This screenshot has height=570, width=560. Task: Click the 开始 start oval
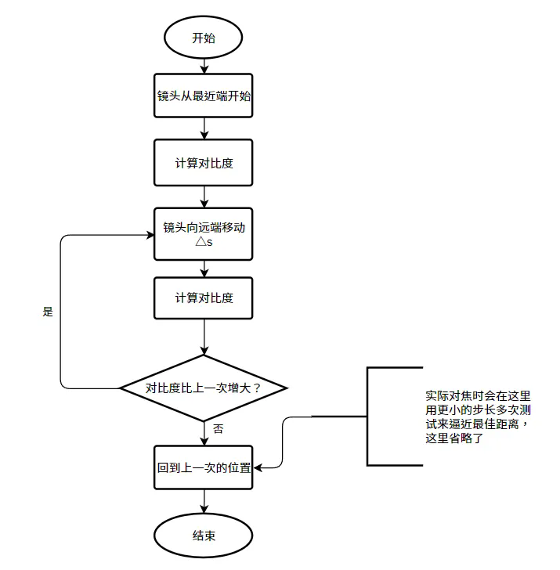(x=204, y=38)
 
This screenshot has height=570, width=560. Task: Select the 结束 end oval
(x=204, y=536)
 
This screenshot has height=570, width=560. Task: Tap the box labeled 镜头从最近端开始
(x=204, y=96)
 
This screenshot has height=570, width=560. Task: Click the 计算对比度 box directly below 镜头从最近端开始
(x=204, y=163)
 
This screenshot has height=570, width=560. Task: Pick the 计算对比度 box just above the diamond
(x=204, y=298)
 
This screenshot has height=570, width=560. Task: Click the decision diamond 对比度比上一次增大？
(x=204, y=388)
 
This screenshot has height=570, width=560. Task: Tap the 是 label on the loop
(x=48, y=312)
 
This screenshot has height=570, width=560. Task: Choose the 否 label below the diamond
(x=219, y=429)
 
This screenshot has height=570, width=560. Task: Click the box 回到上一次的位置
(x=204, y=467)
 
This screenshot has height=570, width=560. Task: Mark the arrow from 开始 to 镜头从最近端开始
(x=204, y=66)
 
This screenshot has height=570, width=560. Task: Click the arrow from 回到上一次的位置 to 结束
(x=204, y=503)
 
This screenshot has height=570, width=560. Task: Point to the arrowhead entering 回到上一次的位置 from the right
(x=258, y=467)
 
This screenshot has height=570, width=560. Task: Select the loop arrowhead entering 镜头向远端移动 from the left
(x=150, y=233)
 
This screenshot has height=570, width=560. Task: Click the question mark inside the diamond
(x=257, y=388)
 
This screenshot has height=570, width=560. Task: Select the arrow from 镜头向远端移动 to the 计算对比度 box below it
(x=204, y=269)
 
